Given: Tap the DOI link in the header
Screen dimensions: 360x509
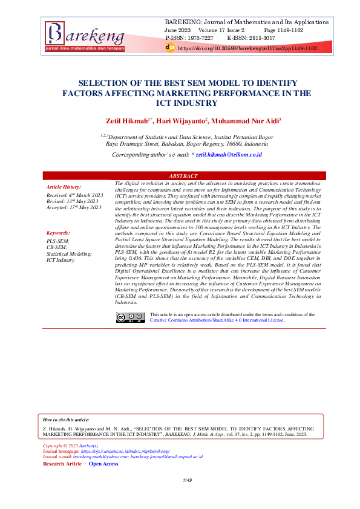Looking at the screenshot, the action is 247,47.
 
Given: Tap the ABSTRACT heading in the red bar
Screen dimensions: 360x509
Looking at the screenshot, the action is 185,176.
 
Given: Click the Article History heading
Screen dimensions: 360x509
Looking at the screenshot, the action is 64,187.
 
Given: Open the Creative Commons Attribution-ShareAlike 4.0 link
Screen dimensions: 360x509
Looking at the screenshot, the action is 217,320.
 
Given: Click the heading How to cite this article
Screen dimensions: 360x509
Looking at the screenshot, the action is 66,419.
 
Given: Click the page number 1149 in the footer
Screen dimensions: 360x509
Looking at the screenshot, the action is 187,497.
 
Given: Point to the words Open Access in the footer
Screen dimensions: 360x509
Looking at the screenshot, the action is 103,464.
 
